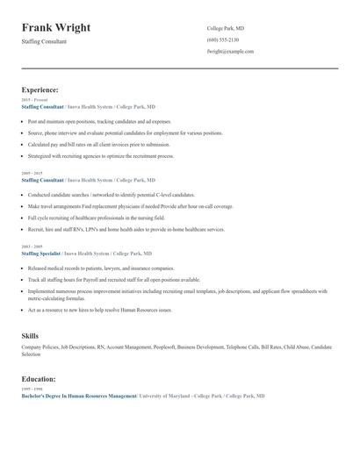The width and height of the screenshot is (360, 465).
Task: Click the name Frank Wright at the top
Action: (x=55, y=28)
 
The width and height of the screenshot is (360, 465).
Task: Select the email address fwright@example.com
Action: (x=230, y=52)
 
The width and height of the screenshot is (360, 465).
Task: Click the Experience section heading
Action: (x=40, y=89)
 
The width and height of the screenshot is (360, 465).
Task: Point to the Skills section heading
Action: (x=30, y=336)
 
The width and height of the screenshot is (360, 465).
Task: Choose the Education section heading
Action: (x=39, y=379)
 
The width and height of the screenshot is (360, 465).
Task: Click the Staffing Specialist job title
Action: (x=42, y=254)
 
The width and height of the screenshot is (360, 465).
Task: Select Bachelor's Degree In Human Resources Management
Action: (x=78, y=396)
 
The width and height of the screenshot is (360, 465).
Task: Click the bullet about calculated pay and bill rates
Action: (x=98, y=143)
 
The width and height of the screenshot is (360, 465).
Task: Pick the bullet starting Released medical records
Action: (x=101, y=268)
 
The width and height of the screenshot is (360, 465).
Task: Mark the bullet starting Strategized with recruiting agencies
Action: (x=101, y=155)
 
